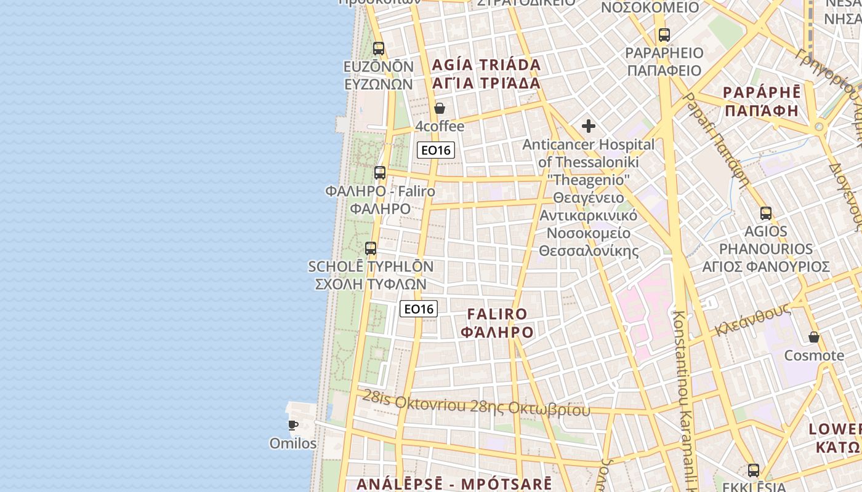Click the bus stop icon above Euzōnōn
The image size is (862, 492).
coord(379,48)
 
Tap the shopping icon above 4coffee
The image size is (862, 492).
coord(440,109)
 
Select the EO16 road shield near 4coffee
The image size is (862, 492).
coord(436,150)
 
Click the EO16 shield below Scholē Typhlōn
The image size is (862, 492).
coord(419,309)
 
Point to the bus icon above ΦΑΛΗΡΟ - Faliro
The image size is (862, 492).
coord(380,173)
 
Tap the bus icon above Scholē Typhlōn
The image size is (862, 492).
coord(371,248)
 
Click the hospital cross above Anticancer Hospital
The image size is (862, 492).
coord(589,126)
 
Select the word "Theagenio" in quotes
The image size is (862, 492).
coord(589,180)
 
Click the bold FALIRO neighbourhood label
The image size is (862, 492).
coord(497,314)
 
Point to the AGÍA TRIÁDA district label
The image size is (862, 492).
coord(486,65)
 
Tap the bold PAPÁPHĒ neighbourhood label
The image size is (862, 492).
coord(762,93)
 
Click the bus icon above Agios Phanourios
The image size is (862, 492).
coord(766,213)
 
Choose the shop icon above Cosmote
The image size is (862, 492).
coord(814,337)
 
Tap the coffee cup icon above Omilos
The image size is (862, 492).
coord(293,425)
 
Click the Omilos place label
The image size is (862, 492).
coord(293,443)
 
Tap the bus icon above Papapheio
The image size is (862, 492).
coord(664,35)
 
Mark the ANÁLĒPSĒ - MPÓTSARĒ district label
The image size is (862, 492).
coord(454,483)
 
